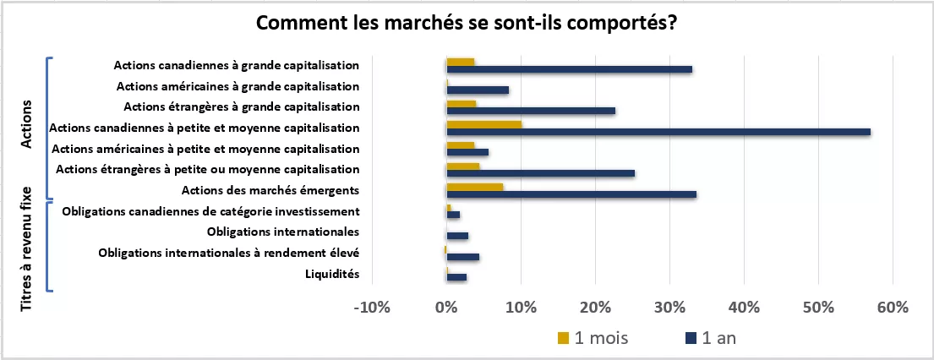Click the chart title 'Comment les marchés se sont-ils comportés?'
pos(467,23)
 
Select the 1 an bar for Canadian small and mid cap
pos(658,132)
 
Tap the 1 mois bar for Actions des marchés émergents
pos(474,187)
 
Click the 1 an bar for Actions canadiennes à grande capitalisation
pos(569,69)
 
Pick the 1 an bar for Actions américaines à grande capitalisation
pos(478,90)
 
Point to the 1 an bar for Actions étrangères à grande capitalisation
pos(531,111)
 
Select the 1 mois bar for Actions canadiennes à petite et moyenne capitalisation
pos(483,124)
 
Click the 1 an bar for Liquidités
pos(456,277)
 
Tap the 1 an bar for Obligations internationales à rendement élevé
pos(462,257)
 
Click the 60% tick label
pos(893,308)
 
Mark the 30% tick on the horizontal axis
pos(669,308)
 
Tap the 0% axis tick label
pos(446,308)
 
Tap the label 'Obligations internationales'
pos(283,232)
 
